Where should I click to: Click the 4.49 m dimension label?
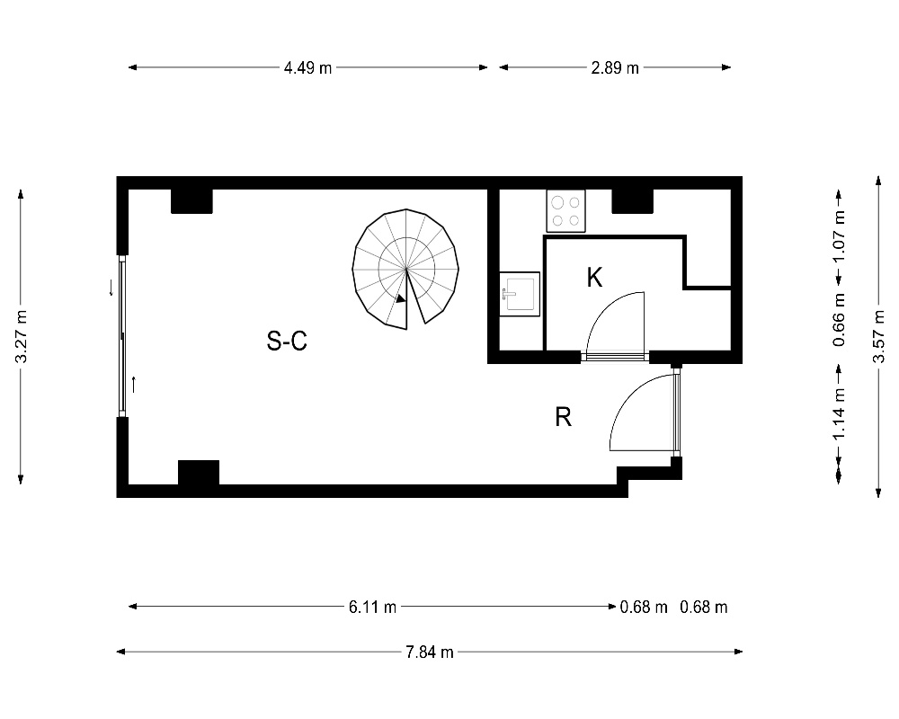pos(307,67)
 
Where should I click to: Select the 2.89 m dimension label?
pos(615,67)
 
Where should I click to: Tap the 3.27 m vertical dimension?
pos(22,336)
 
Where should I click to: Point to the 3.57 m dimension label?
pos(878,336)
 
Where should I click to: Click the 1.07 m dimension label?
pos(840,236)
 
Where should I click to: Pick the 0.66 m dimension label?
pos(840,319)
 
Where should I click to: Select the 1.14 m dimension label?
pos(840,414)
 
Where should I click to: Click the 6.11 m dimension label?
pos(373,607)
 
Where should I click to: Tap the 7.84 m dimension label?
pos(430,652)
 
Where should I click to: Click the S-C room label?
pos(287,341)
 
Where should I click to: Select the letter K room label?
pos(594,278)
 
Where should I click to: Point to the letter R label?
pos(563,417)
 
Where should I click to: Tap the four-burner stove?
pos(565,211)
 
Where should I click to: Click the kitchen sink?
pos(520,294)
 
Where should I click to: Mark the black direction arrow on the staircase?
pos(401,298)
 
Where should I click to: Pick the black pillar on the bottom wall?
pos(199,473)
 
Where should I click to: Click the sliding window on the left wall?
pos(122,336)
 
